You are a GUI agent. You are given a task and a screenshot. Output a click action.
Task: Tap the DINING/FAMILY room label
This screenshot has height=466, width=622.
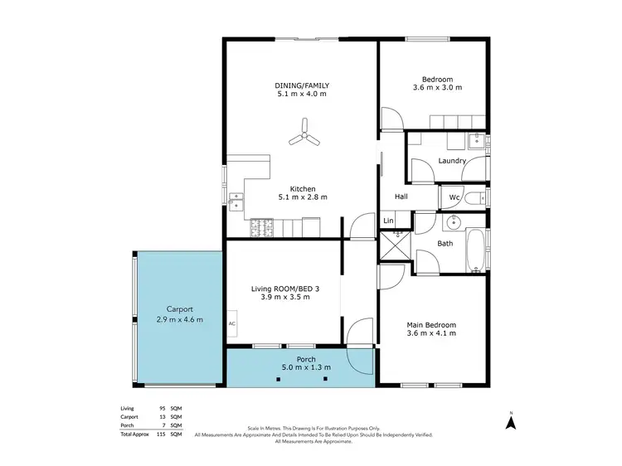point(302,85)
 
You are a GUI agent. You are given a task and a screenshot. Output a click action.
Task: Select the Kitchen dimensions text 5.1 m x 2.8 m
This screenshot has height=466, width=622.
point(302,197)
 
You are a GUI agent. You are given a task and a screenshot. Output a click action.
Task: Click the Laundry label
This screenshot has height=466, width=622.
point(452,161)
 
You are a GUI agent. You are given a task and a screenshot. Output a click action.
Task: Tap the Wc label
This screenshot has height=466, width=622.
point(454,198)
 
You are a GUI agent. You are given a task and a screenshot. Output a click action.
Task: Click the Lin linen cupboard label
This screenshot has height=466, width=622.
point(388,221)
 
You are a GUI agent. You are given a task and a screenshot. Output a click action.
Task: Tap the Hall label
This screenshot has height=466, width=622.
point(401,197)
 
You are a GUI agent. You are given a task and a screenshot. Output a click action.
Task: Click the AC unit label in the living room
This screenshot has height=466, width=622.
point(231,323)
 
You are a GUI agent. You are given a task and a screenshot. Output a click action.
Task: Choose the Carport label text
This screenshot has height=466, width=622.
point(179,308)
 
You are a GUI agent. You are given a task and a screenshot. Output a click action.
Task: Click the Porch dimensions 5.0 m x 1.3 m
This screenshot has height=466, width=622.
point(302,367)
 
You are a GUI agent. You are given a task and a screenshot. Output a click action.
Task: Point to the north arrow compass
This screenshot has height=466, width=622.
point(512,420)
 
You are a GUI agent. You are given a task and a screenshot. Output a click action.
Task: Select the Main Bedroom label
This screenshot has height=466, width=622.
point(431,324)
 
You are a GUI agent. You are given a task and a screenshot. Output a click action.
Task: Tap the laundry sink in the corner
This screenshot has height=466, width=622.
point(476,139)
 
